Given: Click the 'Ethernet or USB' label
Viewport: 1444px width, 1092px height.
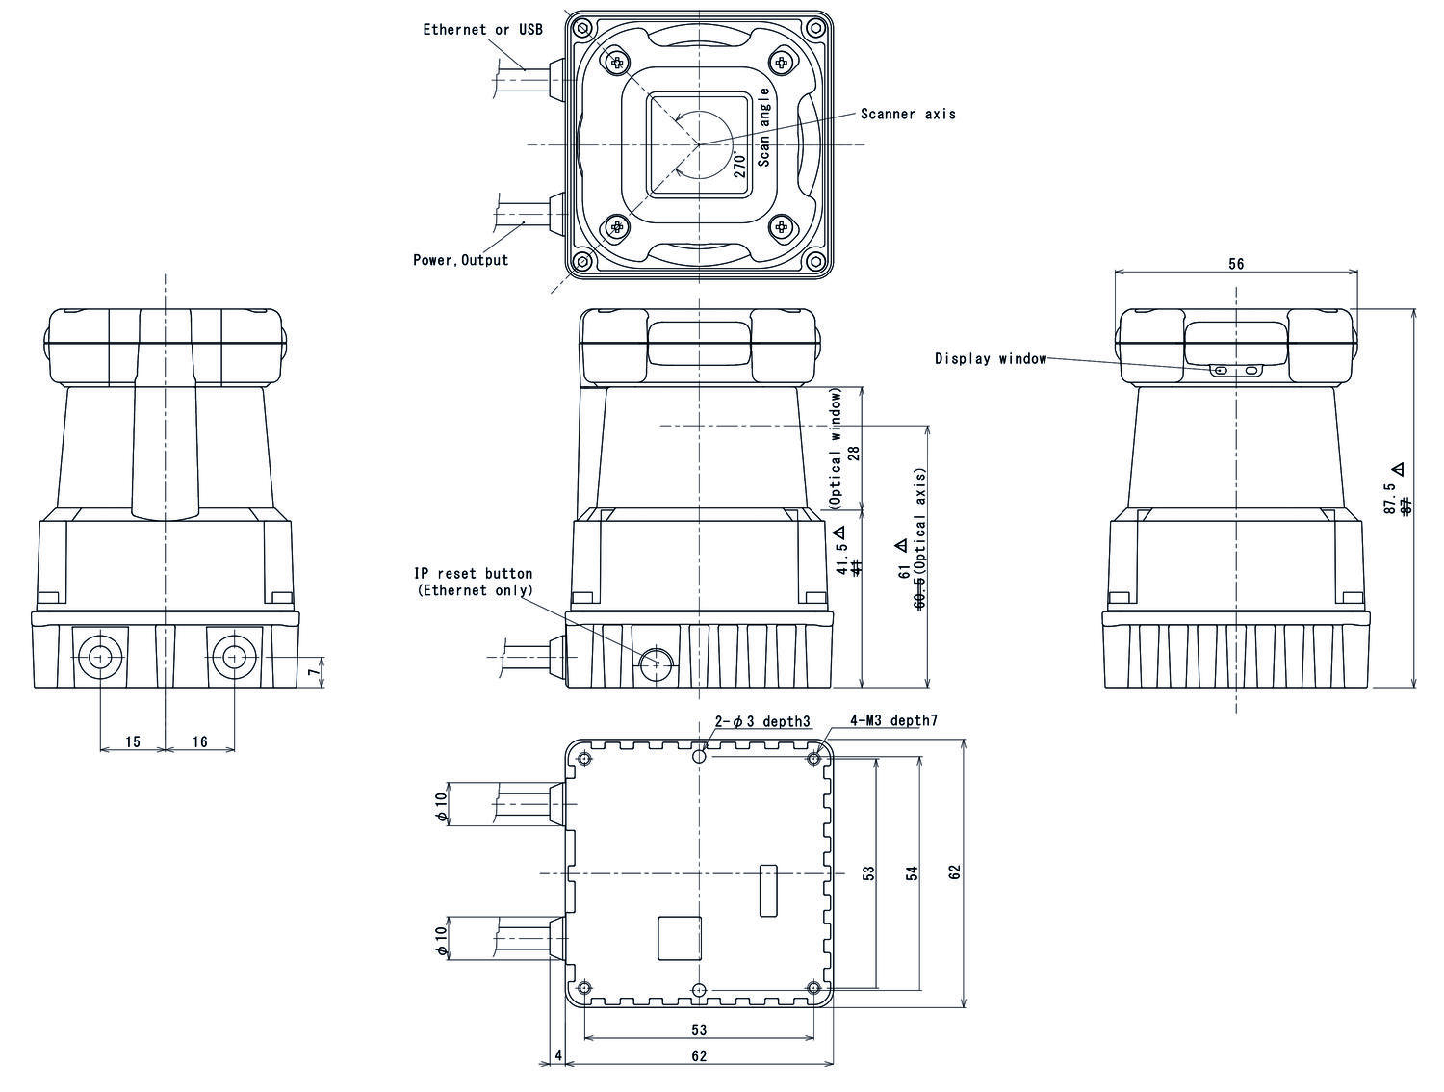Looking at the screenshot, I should [482, 30].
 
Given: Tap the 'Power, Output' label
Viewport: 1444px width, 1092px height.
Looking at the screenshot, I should [460, 260].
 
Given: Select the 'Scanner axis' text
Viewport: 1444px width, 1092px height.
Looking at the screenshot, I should [908, 114].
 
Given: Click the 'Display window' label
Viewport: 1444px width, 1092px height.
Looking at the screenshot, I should [990, 359].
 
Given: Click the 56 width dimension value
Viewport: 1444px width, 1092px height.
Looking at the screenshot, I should [1236, 264].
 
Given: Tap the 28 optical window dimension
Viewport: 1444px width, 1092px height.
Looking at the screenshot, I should [853, 453].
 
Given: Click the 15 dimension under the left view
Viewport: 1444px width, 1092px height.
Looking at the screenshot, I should [133, 741].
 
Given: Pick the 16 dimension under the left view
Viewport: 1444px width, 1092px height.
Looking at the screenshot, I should [199, 741].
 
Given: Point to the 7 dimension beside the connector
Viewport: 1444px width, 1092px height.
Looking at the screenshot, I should [312, 673].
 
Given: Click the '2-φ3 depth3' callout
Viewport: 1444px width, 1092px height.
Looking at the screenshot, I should [761, 721].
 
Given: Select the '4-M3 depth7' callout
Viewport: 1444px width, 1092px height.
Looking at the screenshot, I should [893, 720].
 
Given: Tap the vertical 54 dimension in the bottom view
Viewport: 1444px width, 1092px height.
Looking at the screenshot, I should [912, 872].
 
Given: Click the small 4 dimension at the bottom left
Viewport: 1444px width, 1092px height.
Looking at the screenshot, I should [558, 1055].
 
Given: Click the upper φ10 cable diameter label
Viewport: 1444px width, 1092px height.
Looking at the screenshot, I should [441, 805].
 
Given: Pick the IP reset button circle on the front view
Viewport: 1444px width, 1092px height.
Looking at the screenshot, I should [657, 663].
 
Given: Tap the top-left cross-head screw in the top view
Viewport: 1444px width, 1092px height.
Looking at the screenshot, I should [616, 63].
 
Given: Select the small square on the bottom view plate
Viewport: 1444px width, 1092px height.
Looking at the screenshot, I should [679, 938].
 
